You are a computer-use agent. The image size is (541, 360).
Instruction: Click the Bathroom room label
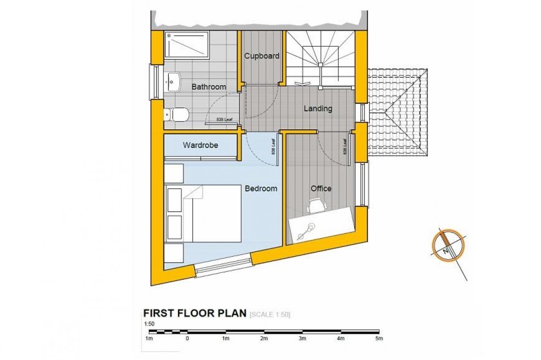point(209,87)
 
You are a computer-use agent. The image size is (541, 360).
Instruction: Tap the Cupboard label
point(262,56)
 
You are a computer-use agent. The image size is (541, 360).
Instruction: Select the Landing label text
point(317,109)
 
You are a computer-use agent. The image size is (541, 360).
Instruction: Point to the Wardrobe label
point(200,146)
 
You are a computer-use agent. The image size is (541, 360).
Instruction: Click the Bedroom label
point(261,188)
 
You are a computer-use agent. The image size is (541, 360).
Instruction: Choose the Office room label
point(321,188)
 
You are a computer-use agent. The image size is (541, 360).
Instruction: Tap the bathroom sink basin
point(173,82)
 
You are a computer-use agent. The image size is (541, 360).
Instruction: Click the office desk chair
point(316,206)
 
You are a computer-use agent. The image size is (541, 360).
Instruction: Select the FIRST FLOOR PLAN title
point(194,314)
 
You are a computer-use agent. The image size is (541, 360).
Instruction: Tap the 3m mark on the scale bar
point(302,339)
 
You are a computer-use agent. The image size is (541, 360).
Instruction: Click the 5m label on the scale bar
point(379,339)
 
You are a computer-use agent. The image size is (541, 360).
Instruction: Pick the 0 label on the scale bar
point(187,339)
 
